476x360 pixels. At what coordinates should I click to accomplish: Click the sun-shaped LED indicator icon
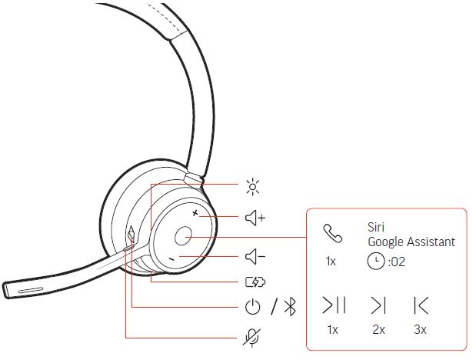252,187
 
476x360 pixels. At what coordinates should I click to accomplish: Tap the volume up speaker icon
255,218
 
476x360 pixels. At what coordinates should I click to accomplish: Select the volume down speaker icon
255,257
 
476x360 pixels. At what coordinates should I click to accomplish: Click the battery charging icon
255,282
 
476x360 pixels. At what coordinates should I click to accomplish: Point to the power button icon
252,306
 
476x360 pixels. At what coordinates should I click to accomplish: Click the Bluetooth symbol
290,306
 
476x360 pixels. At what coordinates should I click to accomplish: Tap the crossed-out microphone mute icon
251,337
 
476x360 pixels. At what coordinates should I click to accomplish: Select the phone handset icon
333,233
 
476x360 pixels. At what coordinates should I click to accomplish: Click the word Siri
376,227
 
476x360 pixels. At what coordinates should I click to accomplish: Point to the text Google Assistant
411,242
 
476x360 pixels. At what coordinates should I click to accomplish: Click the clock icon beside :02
376,262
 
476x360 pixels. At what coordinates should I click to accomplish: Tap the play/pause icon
334,305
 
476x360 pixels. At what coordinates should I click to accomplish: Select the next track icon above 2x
378,305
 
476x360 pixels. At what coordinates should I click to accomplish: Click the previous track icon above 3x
421,305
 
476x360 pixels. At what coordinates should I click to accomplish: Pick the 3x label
420,329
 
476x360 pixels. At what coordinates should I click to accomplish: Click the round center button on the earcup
183,235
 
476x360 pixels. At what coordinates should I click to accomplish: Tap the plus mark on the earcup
195,213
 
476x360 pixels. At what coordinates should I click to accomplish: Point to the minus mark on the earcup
171,259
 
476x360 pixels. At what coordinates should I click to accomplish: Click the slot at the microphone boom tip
30,290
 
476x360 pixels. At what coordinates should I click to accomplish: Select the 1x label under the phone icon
331,262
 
